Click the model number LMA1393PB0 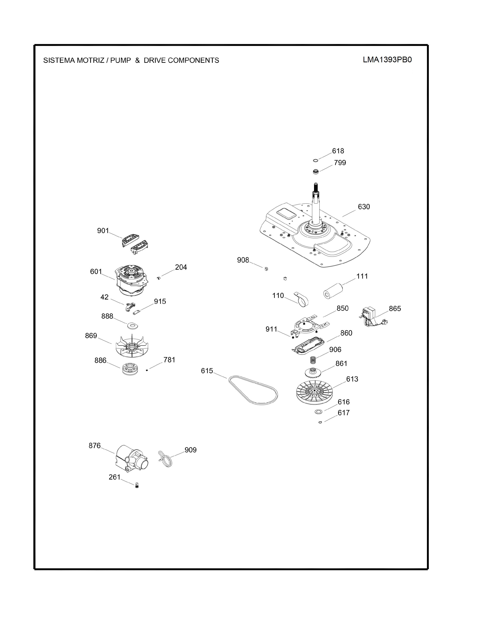click(387, 60)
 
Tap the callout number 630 click(364, 207)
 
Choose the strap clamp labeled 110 click(302, 299)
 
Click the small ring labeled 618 click(315, 160)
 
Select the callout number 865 click(395, 309)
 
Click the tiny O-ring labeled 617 click(320, 422)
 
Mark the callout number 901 click(103, 231)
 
